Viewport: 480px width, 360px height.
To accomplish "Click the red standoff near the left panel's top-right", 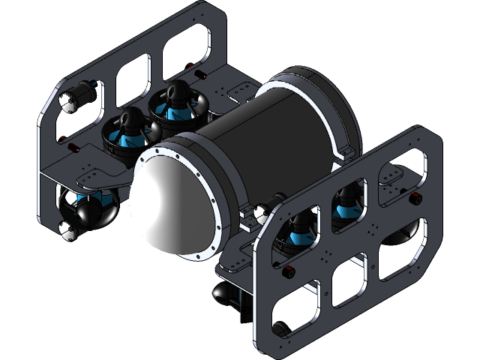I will [x=202, y=75].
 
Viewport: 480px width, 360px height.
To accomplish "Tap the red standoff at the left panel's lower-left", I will [x=75, y=148].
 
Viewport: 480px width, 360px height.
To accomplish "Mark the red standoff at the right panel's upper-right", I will [x=415, y=199].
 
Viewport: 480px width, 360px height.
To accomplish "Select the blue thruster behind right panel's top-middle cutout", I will [x=346, y=207].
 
